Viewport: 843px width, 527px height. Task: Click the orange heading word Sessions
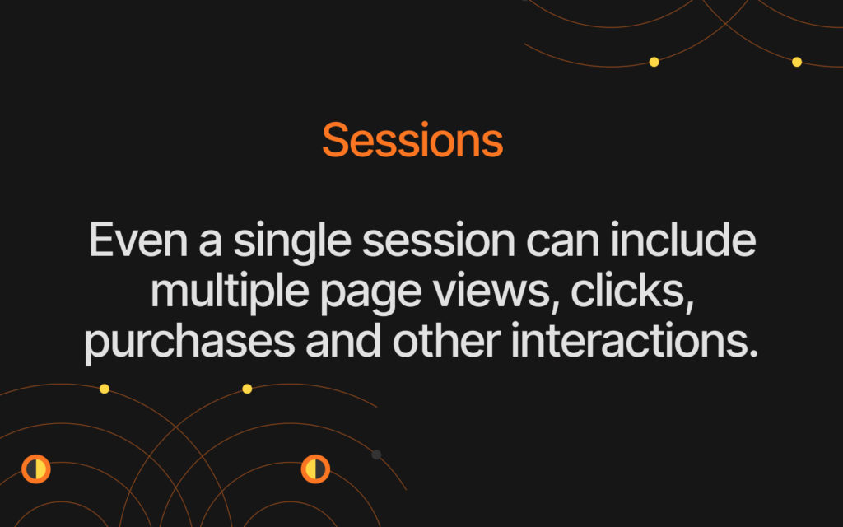(x=412, y=140)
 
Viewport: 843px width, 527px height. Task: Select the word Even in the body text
(x=138, y=240)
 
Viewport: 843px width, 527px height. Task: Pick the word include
(x=683, y=240)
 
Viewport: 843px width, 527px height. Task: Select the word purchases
(x=190, y=344)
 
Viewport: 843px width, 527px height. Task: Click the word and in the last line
(x=343, y=341)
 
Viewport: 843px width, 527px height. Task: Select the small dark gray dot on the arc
(x=376, y=455)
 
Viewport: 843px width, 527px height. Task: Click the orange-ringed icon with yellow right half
(x=36, y=469)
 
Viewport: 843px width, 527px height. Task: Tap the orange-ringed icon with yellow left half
(x=315, y=469)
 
